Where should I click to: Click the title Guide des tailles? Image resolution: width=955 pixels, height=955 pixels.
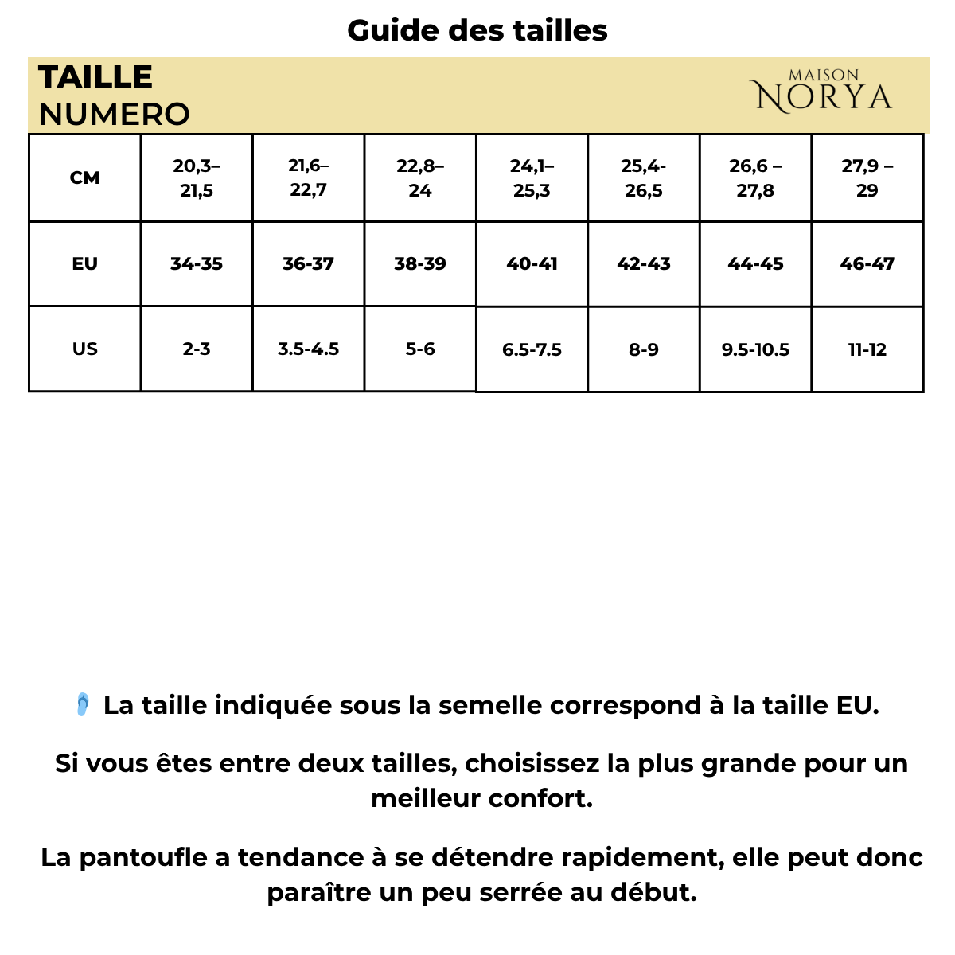pyautogui.click(x=477, y=31)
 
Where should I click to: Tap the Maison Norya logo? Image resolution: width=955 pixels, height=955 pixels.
pyautogui.click(x=823, y=92)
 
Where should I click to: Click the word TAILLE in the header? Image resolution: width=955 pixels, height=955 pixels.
pyautogui.click(x=95, y=77)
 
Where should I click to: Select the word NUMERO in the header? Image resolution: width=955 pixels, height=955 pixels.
pyautogui.click(x=114, y=115)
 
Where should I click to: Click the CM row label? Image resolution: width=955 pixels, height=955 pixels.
pyautogui.click(x=84, y=177)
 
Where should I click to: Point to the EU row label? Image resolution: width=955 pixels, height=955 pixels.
pyautogui.click(x=84, y=263)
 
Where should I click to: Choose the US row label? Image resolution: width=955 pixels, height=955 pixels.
pyautogui.click(x=84, y=349)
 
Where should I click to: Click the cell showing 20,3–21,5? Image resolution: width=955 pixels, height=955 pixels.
pyautogui.click(x=197, y=177)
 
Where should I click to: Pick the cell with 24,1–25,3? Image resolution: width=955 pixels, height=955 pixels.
pyautogui.click(x=532, y=177)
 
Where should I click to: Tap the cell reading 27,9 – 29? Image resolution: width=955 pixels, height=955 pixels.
pyautogui.click(x=867, y=177)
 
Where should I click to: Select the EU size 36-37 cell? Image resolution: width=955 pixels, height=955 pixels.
pyautogui.click(x=308, y=263)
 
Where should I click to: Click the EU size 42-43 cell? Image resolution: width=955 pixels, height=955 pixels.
pyautogui.click(x=643, y=263)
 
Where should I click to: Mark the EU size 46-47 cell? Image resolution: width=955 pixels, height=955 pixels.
pyautogui.click(x=867, y=263)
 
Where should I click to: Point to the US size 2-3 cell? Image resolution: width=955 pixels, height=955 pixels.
pyautogui.click(x=197, y=349)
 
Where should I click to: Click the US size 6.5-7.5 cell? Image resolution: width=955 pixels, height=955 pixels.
pyautogui.click(x=532, y=349)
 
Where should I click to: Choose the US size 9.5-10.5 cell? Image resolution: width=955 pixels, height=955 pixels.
pyautogui.click(x=755, y=349)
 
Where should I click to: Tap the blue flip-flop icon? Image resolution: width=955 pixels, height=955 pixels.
pyautogui.click(x=82, y=704)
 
